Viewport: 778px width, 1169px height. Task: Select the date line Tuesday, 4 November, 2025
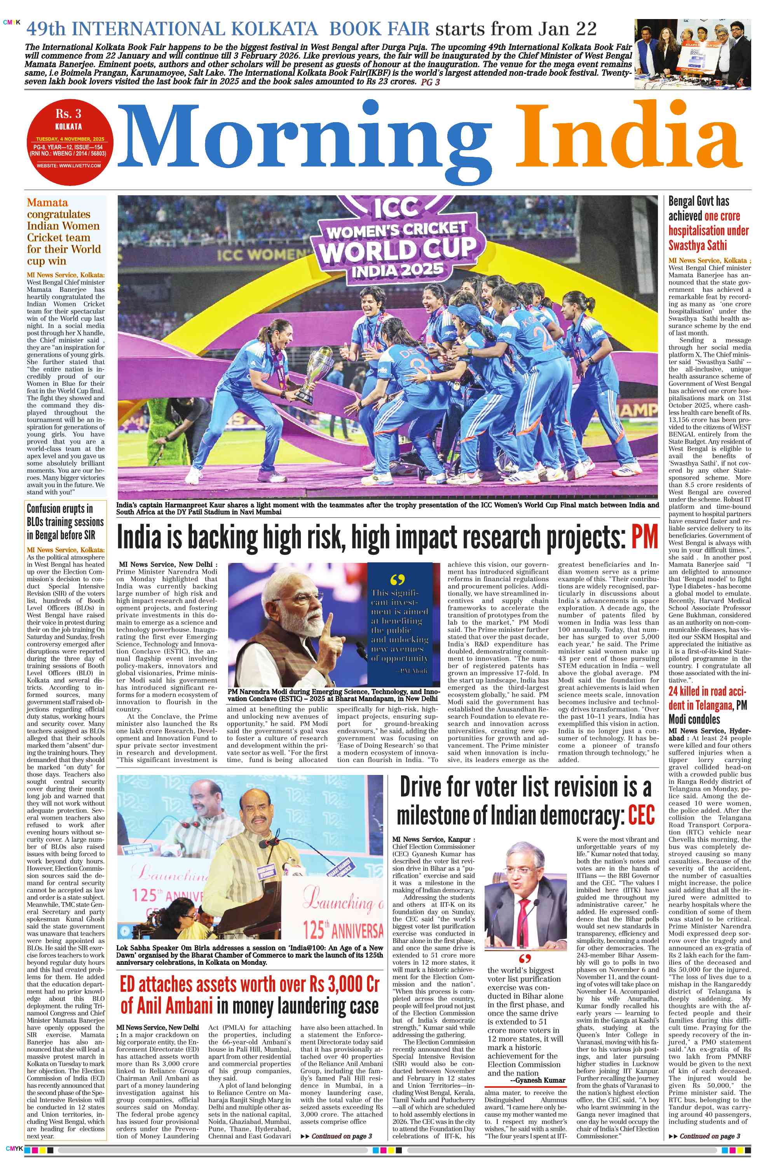(x=70, y=139)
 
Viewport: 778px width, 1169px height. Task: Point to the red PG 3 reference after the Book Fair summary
(x=430, y=82)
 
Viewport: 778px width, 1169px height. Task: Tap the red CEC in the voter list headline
(x=641, y=815)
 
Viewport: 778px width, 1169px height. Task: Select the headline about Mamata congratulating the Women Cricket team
(x=63, y=231)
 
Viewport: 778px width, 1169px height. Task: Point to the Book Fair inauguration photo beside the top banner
(x=692, y=54)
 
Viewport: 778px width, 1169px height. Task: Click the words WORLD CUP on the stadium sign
(x=397, y=249)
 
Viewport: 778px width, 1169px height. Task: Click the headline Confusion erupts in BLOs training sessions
(x=65, y=521)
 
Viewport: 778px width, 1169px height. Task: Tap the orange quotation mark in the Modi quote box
(x=398, y=580)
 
